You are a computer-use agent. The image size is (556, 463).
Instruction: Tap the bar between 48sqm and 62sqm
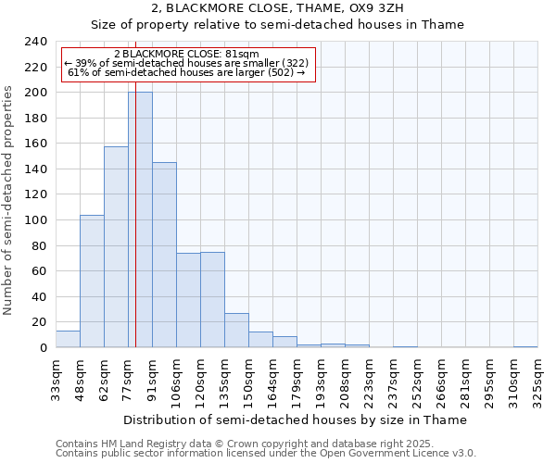coord(92,282)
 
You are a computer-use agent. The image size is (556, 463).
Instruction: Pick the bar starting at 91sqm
coord(164,255)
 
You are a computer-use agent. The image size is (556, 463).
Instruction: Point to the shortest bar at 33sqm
coord(68,339)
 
